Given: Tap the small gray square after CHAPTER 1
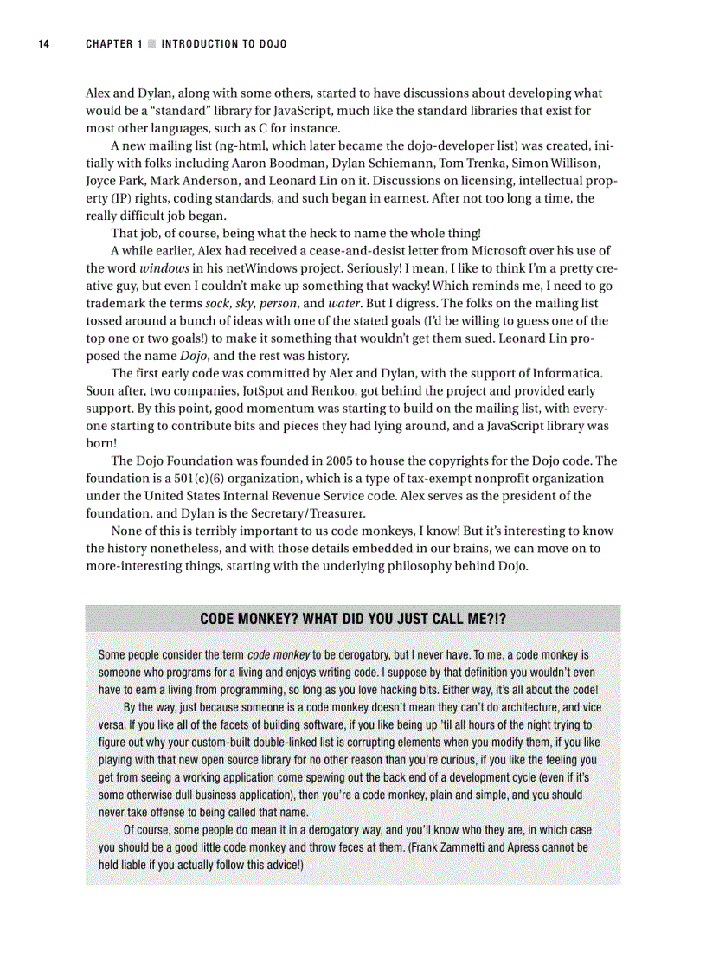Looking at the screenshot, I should (x=152, y=43).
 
